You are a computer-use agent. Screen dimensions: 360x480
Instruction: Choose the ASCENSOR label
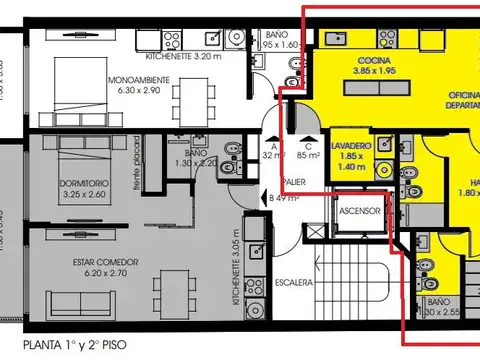click(358, 212)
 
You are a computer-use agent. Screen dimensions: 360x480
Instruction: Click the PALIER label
click(294, 182)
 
